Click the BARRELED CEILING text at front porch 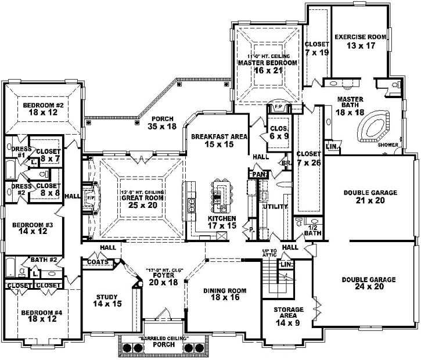[x=160, y=338]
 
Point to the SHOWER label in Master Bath [x=388, y=145]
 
